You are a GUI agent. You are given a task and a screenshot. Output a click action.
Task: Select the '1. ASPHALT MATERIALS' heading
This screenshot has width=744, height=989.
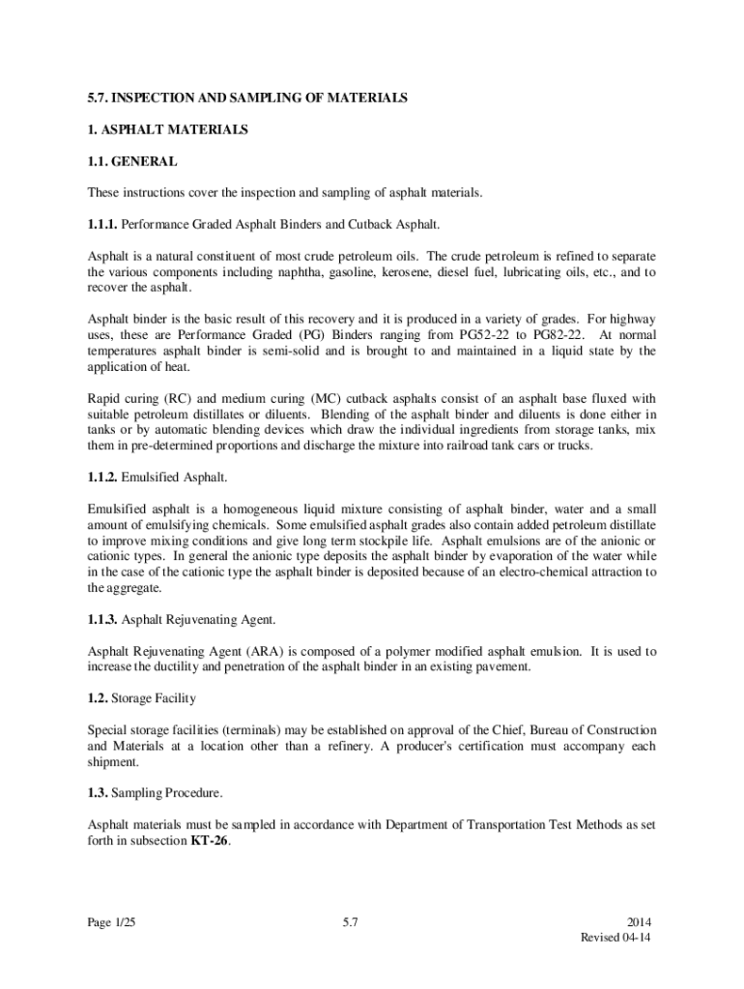tap(168, 129)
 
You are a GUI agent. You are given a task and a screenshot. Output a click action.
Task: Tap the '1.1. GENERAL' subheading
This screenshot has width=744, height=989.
tap(132, 161)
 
